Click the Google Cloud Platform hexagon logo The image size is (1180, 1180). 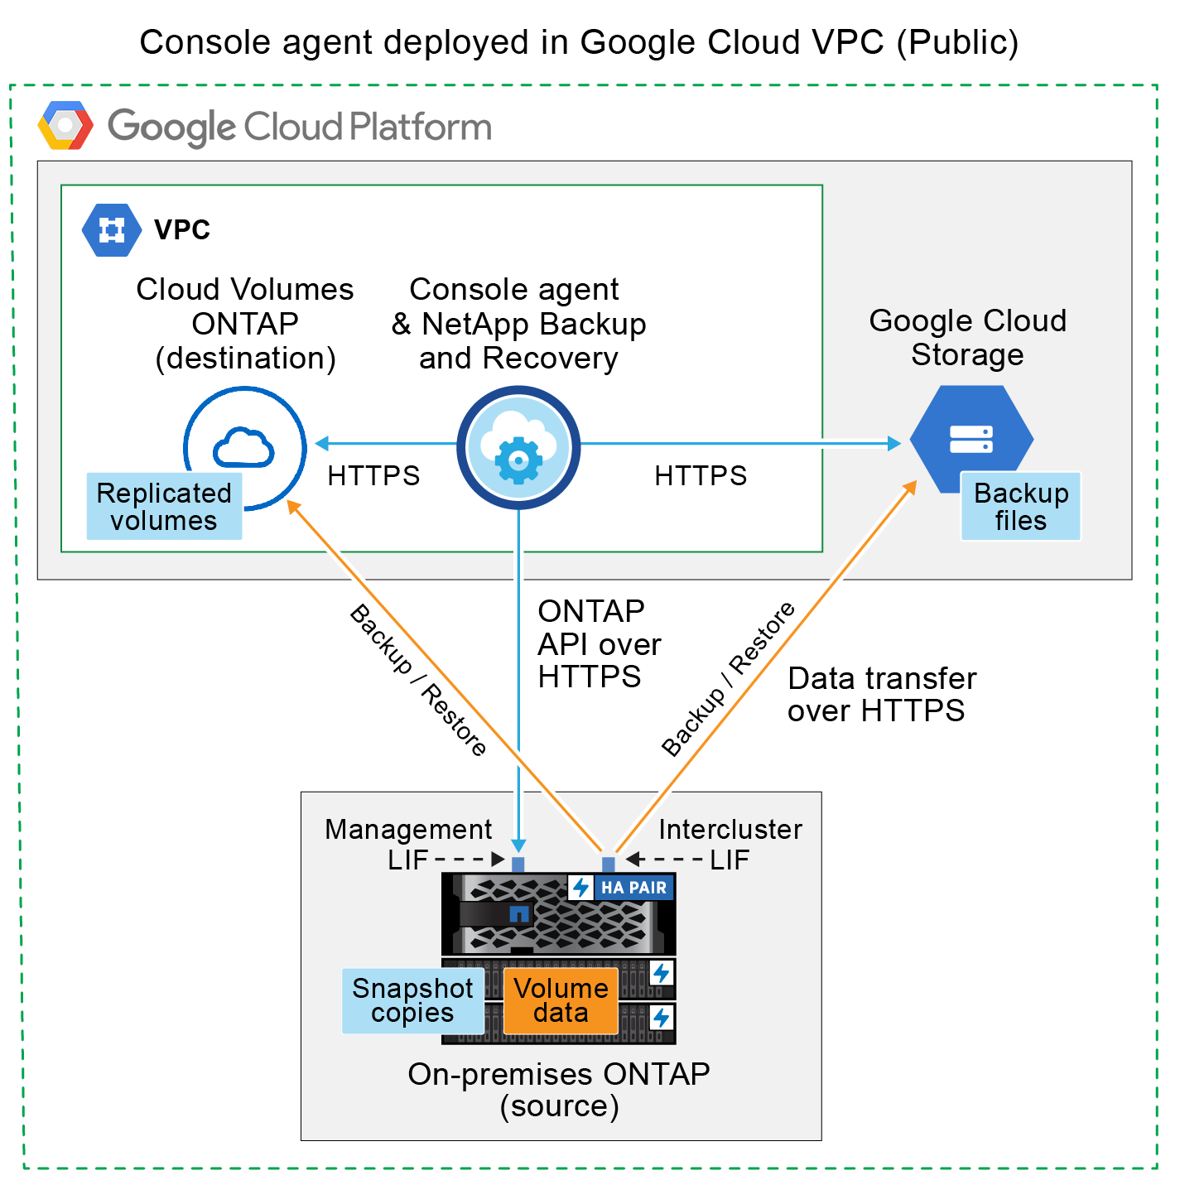tap(65, 126)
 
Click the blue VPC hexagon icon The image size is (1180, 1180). tap(112, 229)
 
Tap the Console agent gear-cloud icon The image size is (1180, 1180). tap(518, 447)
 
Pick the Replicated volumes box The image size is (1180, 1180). tap(164, 506)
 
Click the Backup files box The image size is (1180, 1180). tap(1020, 506)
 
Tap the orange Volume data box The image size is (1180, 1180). tap(561, 1000)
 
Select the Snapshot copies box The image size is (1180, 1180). tap(412, 1000)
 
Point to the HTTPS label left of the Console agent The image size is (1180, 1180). tap(373, 475)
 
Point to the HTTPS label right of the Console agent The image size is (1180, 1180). tap(701, 475)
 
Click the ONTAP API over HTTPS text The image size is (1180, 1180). tap(599, 644)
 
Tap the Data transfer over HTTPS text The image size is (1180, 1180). tap(881, 694)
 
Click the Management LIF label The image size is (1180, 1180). tap(407, 843)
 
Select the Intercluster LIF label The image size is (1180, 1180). tap(730, 843)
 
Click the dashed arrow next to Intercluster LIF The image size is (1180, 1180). tap(664, 860)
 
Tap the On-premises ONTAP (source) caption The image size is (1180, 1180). tap(559, 1090)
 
